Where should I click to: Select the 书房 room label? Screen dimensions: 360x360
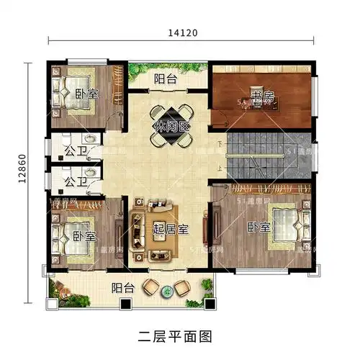coord(263,96)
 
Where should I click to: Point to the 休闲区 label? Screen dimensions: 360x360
coord(171,127)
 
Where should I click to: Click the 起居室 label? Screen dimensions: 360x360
coord(171,230)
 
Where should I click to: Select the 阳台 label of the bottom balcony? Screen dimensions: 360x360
coord(122,288)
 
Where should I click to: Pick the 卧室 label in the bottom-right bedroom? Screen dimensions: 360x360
coord(259,228)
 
